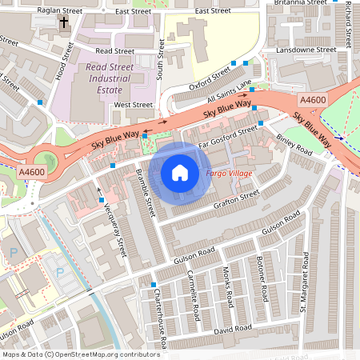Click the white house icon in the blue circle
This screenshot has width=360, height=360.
[x=180, y=172]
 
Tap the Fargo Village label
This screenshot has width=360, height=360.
[x=229, y=174]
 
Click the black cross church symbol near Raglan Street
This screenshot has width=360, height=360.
[x=62, y=22]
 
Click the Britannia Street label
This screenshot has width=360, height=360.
[x=302, y=2]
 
